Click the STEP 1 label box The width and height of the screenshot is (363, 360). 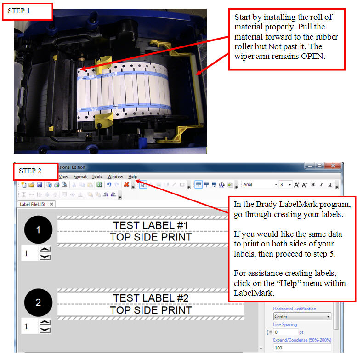27,11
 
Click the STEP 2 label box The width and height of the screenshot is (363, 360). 35,171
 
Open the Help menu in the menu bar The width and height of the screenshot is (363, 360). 133,177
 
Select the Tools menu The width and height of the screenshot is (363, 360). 97,177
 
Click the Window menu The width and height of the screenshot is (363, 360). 115,177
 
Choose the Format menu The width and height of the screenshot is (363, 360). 79,177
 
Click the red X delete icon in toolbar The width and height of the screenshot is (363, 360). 125,185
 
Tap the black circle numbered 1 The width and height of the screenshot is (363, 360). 38,230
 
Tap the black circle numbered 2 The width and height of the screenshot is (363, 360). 38,303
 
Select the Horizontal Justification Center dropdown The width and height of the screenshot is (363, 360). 302,317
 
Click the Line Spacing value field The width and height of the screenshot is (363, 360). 285,332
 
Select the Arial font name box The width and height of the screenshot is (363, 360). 259,185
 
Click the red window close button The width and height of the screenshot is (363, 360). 334,166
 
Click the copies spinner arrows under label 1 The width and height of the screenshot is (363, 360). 45,253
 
